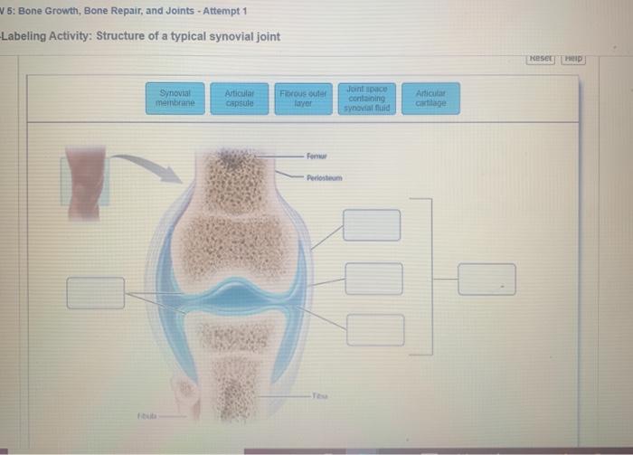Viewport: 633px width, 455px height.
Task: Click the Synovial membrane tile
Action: (176, 98)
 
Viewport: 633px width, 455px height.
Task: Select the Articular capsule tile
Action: (239, 98)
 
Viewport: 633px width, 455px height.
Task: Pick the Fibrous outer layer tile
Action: (303, 98)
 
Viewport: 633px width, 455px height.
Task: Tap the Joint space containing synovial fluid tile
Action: (366, 98)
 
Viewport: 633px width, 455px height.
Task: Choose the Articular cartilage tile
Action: (430, 98)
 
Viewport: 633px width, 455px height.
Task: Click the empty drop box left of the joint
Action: (95, 292)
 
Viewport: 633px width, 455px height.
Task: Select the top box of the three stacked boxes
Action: (372, 225)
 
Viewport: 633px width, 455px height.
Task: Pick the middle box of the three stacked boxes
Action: (373, 279)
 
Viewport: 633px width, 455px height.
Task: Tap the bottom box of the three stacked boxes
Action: (375, 329)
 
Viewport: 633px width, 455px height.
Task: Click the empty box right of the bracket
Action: (487, 279)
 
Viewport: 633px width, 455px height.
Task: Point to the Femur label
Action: (316, 156)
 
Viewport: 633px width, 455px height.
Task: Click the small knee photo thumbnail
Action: (84, 181)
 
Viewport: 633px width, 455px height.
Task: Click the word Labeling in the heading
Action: (28, 36)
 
